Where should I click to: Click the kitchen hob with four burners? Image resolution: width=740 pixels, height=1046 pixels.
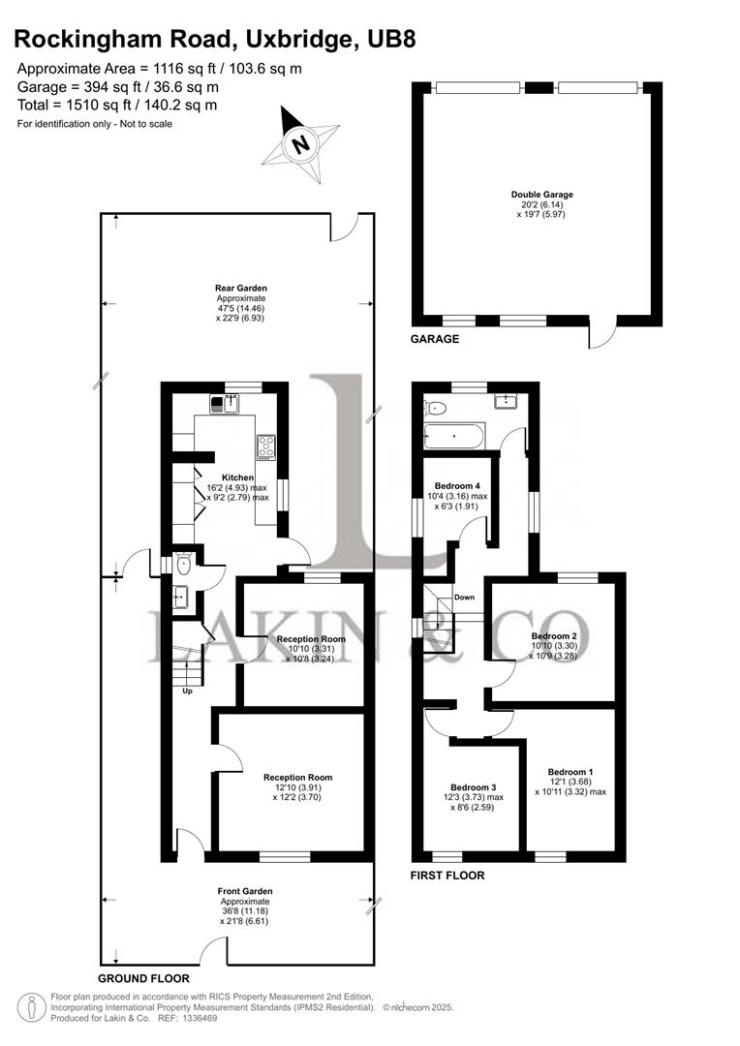pos(265,446)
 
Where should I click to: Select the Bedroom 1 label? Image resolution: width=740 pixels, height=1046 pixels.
pos(570,772)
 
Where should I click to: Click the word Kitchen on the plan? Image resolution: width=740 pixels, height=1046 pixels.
pos(237,477)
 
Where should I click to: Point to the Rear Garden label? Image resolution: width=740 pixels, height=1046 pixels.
pos(241,288)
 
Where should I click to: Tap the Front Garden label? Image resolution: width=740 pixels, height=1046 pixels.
pos(245,891)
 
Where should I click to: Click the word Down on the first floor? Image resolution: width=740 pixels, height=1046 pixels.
pos(464,598)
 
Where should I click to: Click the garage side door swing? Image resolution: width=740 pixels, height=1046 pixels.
pos(601,336)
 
